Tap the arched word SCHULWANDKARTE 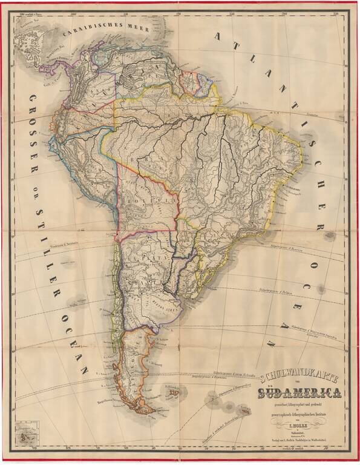click(297, 378)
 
